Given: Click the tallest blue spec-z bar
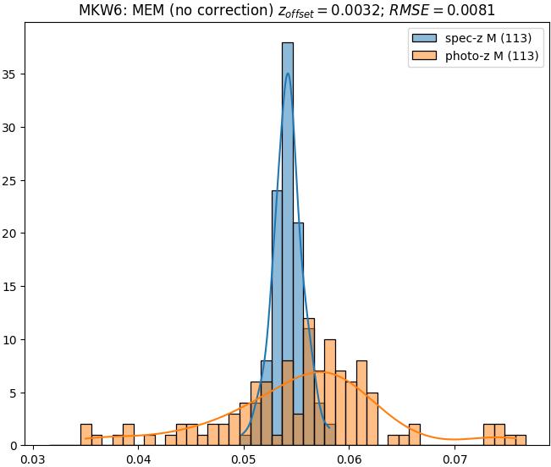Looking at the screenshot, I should [288, 237].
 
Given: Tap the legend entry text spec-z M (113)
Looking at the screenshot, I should [488, 38].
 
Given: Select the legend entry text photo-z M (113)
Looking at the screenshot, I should [493, 58].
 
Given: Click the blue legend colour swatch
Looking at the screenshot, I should [425, 38].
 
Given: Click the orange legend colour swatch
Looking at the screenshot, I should [425, 58].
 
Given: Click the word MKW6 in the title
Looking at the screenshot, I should [101, 11].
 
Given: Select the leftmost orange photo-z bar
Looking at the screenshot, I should [86, 435].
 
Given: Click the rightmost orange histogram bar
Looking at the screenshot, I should [521, 441].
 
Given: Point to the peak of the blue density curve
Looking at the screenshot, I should [288, 74].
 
